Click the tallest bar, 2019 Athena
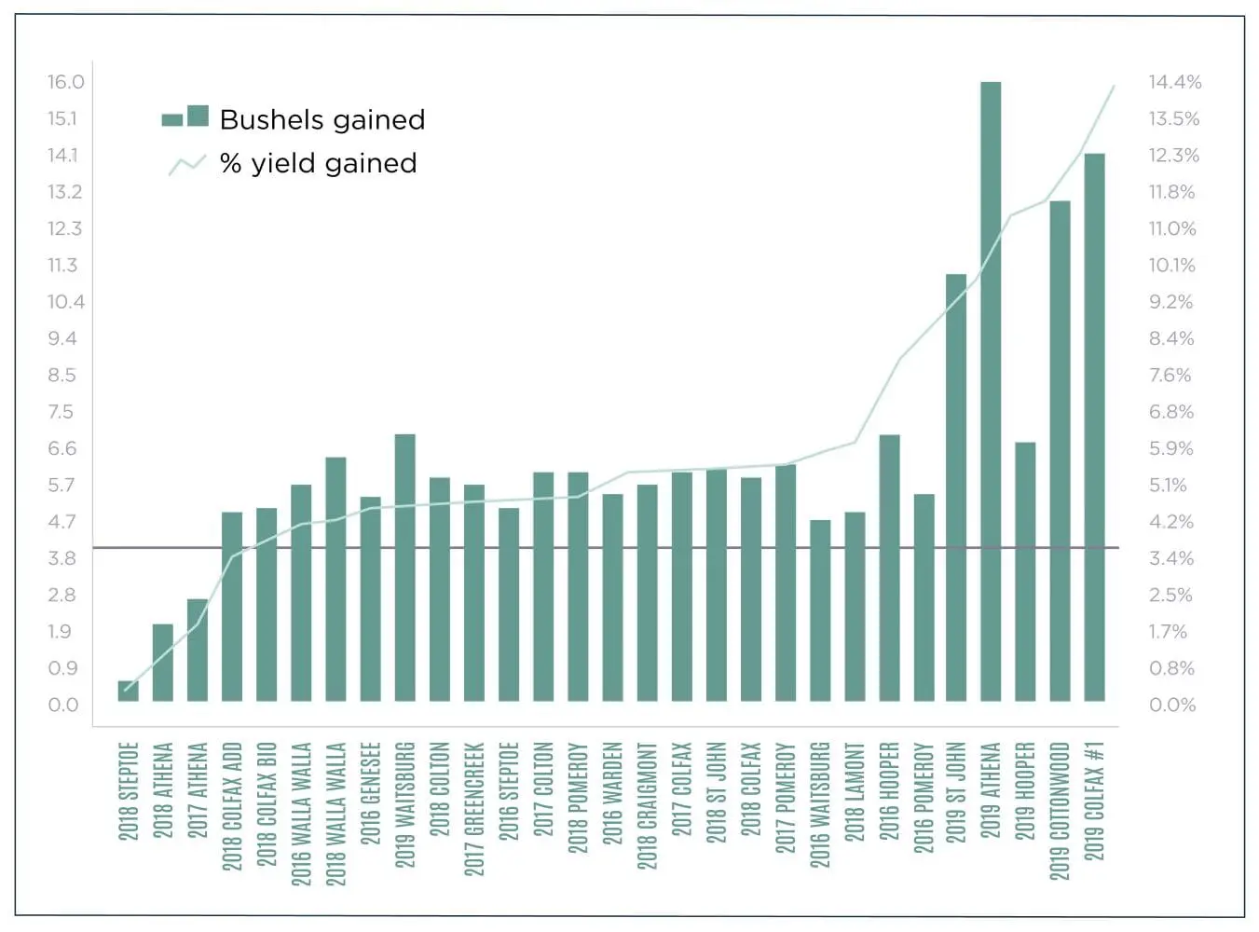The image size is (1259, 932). point(990,391)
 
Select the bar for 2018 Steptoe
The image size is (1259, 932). point(128,692)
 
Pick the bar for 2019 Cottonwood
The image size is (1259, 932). point(1060,451)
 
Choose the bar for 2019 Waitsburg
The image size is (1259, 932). point(404,568)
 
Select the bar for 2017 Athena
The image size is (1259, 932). point(198,650)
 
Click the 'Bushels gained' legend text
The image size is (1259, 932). point(322,119)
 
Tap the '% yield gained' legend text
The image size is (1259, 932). point(318,163)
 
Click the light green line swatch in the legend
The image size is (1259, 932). point(186,165)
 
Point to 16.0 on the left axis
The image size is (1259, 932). point(66,82)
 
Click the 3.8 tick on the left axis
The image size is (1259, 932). point(62,558)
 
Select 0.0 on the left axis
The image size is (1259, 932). point(63,705)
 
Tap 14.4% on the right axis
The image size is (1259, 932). point(1174,82)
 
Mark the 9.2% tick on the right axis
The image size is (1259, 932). point(1170,302)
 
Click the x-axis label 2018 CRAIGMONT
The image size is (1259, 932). point(647,805)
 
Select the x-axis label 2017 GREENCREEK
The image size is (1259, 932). point(473,808)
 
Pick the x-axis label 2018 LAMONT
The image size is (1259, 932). point(854,791)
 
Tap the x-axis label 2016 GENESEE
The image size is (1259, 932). point(370,793)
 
